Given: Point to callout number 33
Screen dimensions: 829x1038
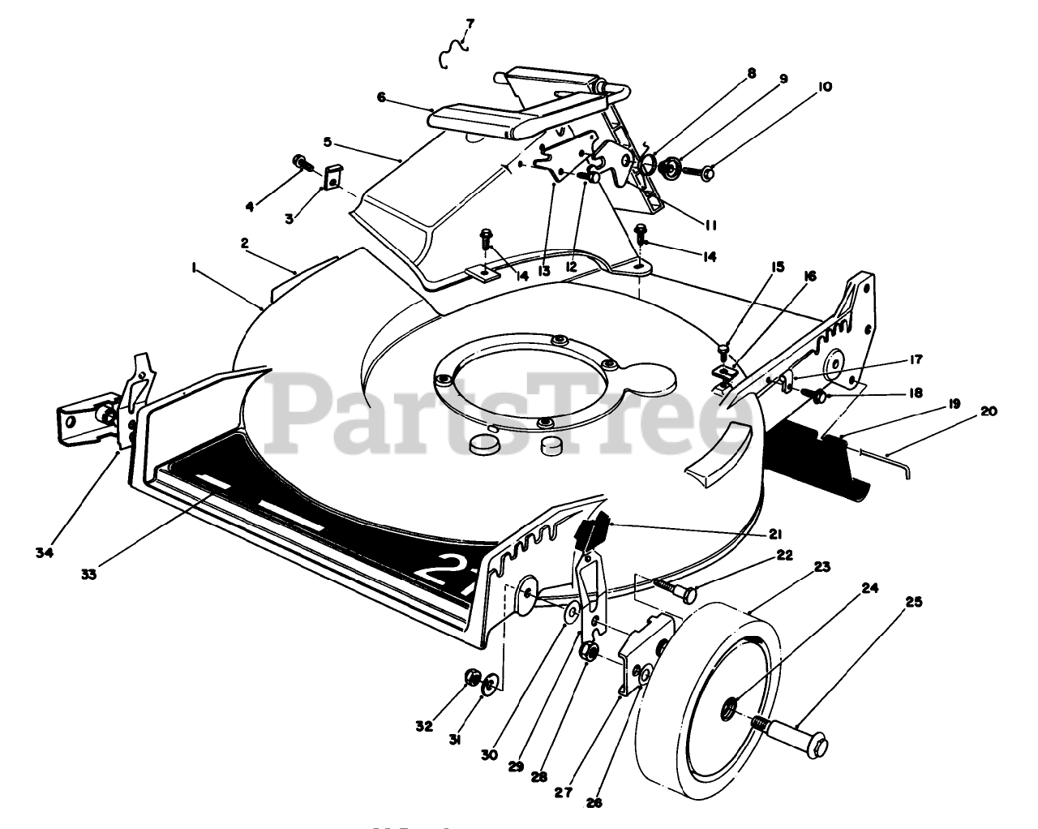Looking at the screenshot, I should pyautogui.click(x=88, y=574).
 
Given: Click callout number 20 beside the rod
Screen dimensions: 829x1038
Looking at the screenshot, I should pyautogui.click(x=988, y=410).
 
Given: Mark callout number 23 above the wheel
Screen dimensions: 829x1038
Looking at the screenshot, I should pyautogui.click(x=822, y=567).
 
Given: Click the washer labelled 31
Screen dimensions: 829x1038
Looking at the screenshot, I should pyautogui.click(x=490, y=687).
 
